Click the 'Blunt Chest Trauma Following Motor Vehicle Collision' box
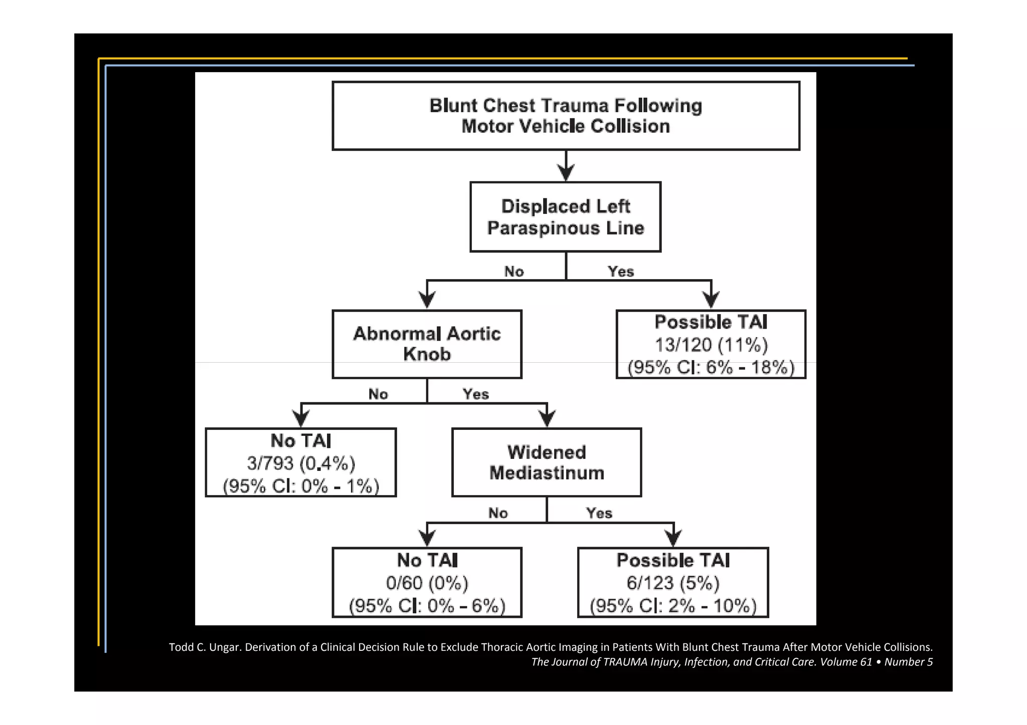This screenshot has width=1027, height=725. pos(566,116)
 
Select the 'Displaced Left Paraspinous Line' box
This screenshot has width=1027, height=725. pos(565,217)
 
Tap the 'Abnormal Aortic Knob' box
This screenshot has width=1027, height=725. pos(427,344)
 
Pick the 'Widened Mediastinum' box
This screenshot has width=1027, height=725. pos(547,462)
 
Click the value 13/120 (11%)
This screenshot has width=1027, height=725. pos(711,345)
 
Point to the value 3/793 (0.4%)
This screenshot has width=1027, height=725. pos(301,463)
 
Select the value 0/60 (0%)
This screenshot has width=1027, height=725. pos(427,583)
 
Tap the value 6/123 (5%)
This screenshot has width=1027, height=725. pos(673,583)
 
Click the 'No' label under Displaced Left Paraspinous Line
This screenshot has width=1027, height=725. pos(514,272)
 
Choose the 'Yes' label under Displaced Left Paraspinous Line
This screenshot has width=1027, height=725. pos(621,272)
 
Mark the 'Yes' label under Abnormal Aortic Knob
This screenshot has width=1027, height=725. pos(475,394)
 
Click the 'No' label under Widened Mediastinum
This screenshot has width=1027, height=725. pos(498,513)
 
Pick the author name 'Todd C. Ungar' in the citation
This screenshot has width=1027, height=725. pos(205,647)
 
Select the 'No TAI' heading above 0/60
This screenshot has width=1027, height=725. pos(427,560)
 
